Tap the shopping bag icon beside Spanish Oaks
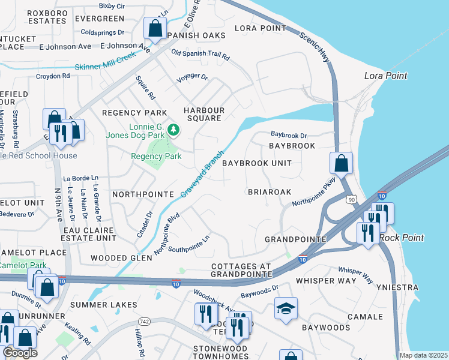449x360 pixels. tap(155, 28)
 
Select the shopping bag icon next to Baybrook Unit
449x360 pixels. tap(341, 163)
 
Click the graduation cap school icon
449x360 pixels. tap(286, 309)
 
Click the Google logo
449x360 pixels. tap(20, 352)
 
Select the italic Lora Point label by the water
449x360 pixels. tap(386, 76)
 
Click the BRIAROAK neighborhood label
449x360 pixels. tap(270, 192)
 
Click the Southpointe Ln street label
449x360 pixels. tap(189, 244)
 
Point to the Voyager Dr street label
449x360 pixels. tap(192, 78)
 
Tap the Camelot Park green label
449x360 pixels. tap(22, 265)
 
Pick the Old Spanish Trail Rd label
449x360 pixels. tap(200, 55)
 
